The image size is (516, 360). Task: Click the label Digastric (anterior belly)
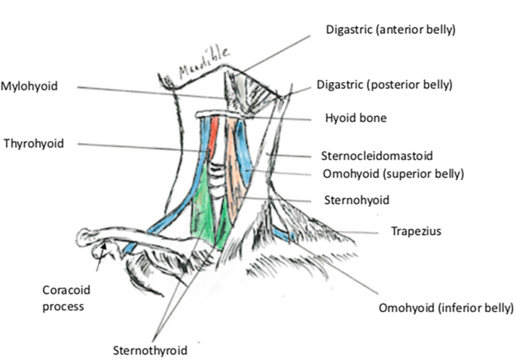click(x=391, y=30)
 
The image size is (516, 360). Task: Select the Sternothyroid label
click(x=149, y=349)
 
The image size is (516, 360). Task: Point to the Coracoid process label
click(x=64, y=297)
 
